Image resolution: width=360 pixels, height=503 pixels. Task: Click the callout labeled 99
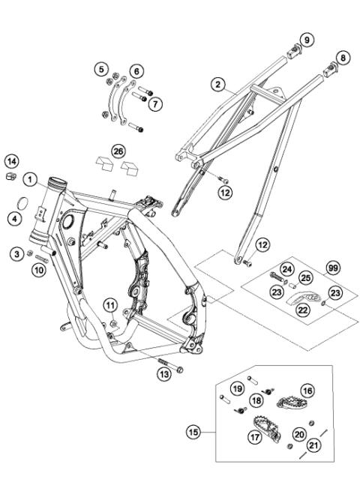pyautogui.click(x=331, y=268)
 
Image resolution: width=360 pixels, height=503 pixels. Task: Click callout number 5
pyautogui.click(x=102, y=70)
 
